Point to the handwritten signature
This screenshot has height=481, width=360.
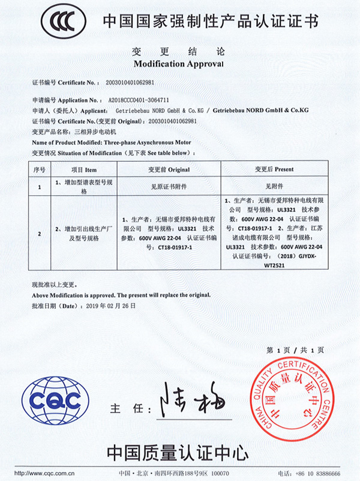click(x=191, y=404)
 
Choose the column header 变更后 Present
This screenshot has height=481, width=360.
click(x=276, y=170)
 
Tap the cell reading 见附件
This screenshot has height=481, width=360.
click(x=276, y=187)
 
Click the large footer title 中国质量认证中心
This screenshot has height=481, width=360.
click(x=178, y=451)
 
